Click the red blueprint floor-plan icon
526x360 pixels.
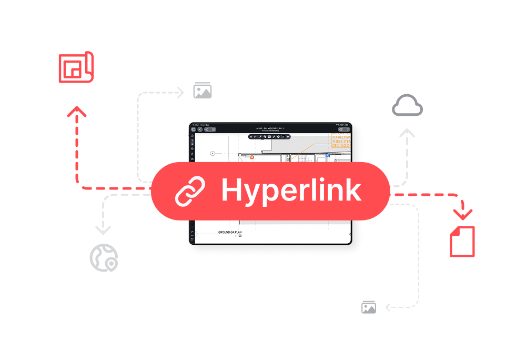(x=76, y=67)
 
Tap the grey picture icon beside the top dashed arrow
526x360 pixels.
(x=203, y=91)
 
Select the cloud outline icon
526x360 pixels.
(x=407, y=106)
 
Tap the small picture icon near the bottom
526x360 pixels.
(x=369, y=307)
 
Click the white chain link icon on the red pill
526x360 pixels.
(x=190, y=191)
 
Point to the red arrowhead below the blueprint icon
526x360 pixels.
(x=77, y=112)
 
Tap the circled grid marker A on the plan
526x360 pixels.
(x=213, y=153)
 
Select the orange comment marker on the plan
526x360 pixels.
(x=252, y=157)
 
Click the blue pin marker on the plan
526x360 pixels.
(x=327, y=155)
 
